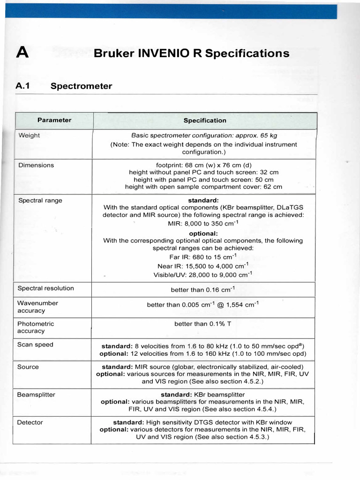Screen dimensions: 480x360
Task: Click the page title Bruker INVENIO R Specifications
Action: (191, 53)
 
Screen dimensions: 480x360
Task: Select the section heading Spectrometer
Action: (81, 86)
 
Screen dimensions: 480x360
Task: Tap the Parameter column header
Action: (54, 120)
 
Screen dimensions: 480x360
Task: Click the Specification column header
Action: (205, 120)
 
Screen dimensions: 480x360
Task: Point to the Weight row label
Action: (29, 135)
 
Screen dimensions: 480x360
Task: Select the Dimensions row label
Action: (36, 165)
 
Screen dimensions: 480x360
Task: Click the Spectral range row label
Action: (40, 201)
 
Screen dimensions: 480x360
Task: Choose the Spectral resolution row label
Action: (45, 288)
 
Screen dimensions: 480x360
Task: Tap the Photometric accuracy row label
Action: (36, 327)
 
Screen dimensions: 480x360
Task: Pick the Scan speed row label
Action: (35, 345)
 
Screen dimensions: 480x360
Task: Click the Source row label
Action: (28, 367)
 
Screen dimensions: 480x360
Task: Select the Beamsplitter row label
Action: (36, 395)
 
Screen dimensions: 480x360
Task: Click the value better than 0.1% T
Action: (203, 324)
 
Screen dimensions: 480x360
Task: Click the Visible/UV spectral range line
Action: (203, 275)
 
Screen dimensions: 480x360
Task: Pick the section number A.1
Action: (23, 86)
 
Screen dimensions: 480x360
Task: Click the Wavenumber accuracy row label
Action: (37, 307)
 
